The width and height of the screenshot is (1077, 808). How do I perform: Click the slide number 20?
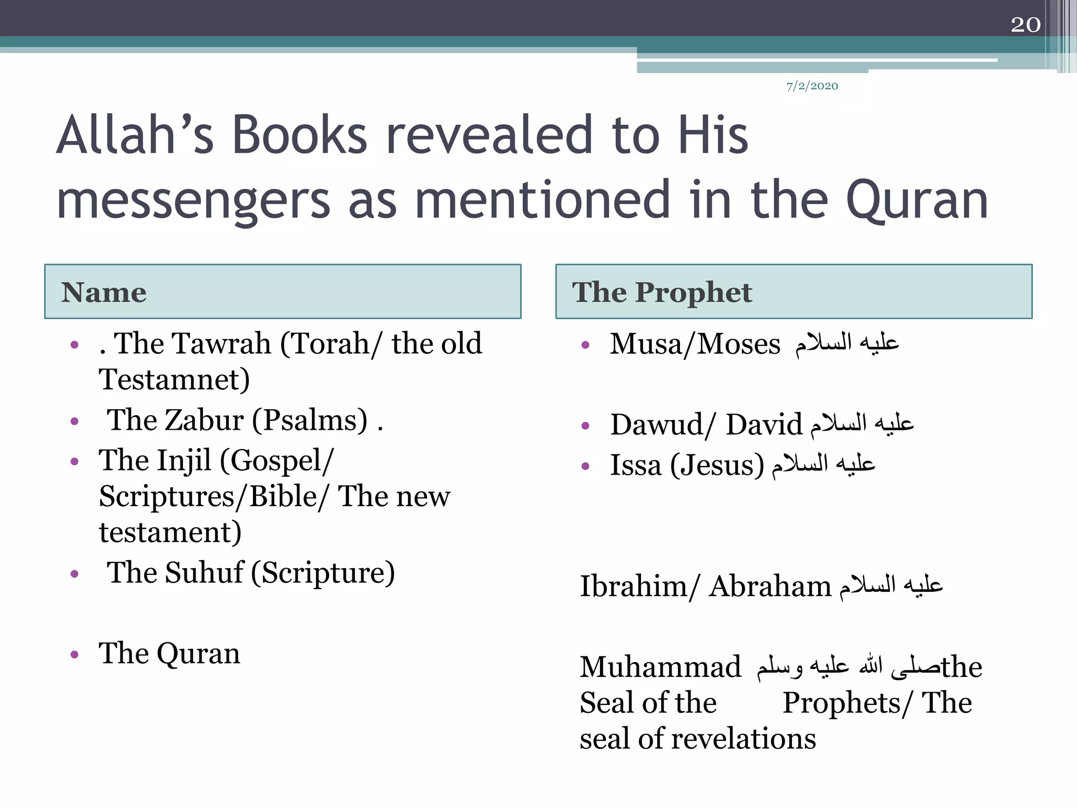click(x=1025, y=24)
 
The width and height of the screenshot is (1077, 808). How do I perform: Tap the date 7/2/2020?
click(x=812, y=86)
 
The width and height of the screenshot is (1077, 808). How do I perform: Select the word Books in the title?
click(x=299, y=135)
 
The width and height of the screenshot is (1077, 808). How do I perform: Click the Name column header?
click(x=104, y=292)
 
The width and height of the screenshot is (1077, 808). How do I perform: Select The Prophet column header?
click(x=662, y=292)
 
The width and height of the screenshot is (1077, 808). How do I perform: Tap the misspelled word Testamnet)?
click(x=174, y=379)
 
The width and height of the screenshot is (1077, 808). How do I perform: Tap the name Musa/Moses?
click(x=695, y=345)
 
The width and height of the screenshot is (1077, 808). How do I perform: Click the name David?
click(x=764, y=425)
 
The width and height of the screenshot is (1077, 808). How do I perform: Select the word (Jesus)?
click(x=717, y=466)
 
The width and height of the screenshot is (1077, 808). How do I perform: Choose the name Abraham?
click(x=769, y=586)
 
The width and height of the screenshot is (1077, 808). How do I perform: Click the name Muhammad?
click(x=661, y=667)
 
